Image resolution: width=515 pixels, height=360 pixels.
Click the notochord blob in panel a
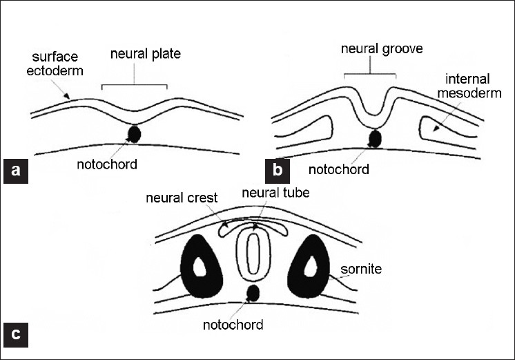[x=133, y=133]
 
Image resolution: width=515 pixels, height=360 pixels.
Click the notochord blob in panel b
[x=376, y=138]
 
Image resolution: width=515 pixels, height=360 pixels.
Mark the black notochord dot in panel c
[x=253, y=292]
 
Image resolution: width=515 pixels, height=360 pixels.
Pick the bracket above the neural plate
[x=134, y=86]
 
